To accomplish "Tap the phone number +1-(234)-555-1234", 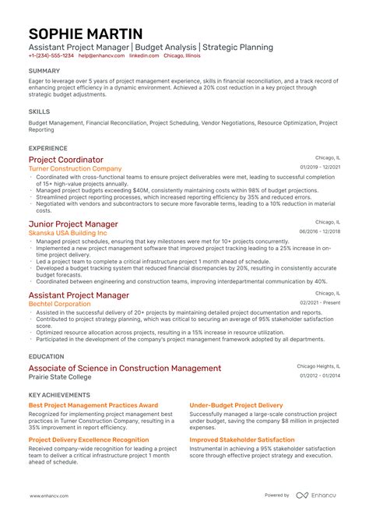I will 52,56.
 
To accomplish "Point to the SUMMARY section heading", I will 44,70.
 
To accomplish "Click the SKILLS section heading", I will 39,111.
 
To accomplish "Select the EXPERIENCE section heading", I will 48,147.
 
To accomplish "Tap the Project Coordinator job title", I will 65,160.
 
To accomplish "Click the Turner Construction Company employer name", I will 75,168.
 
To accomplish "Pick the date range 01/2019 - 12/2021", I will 320,168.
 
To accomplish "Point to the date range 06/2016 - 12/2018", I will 320,232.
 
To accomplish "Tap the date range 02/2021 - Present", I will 321,302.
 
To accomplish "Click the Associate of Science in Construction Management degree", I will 125,369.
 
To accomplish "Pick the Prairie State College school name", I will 60,377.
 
